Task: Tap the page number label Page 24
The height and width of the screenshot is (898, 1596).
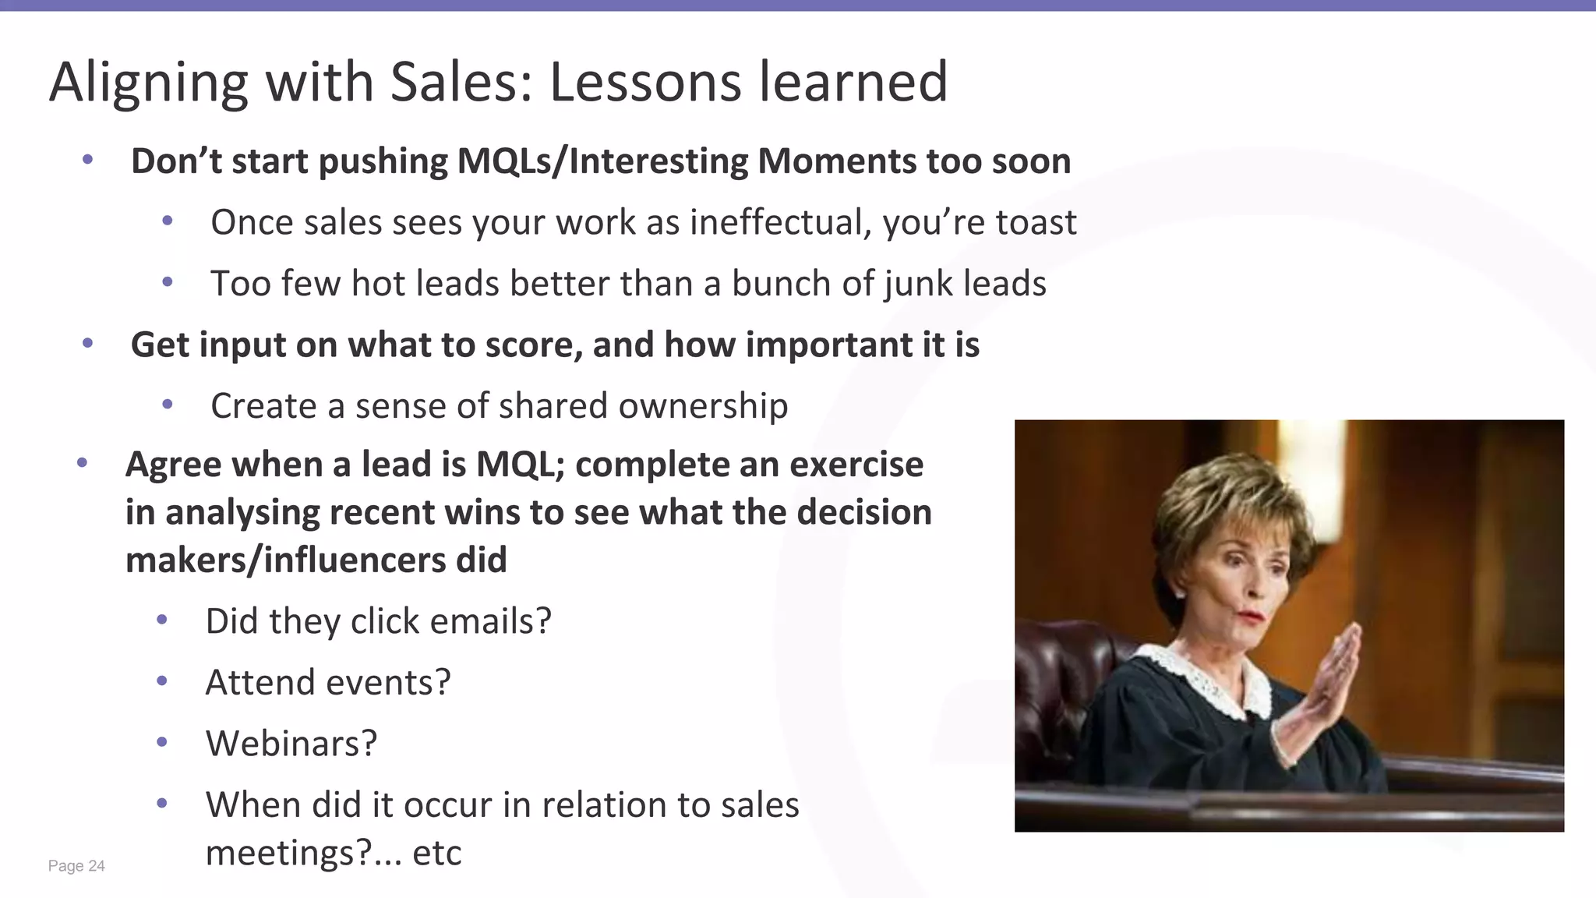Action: tap(76, 866)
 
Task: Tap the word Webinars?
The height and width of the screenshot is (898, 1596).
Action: tap(291, 744)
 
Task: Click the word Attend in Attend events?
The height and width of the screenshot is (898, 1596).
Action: tap(260, 683)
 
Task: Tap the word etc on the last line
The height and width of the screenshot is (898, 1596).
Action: tap(436, 853)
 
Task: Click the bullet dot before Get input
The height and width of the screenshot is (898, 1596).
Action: tap(87, 343)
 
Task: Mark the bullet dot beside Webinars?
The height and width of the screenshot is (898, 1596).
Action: tap(162, 742)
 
